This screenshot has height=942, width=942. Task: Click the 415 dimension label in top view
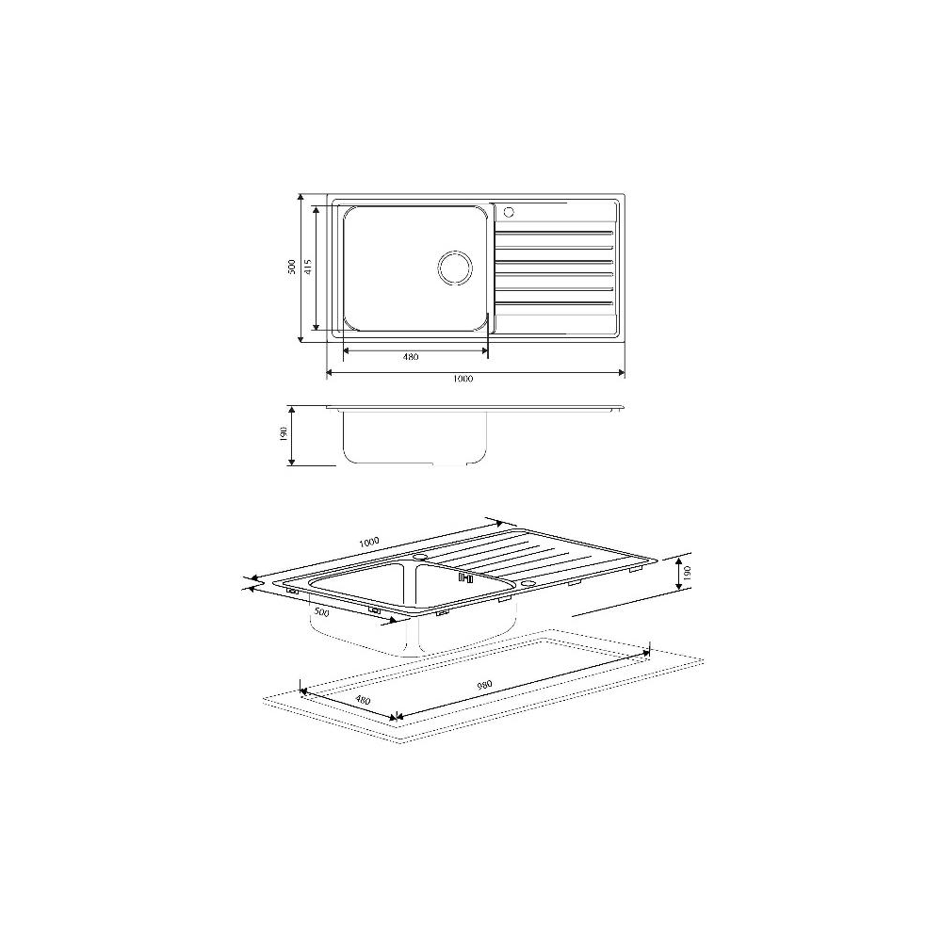pos(308,267)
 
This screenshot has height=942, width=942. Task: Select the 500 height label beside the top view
pos(292,267)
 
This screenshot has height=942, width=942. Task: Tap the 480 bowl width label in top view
pos(411,357)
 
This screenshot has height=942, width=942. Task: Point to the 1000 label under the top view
pos(463,379)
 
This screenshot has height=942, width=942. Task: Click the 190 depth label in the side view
pos(284,433)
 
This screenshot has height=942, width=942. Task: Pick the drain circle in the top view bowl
pos(454,268)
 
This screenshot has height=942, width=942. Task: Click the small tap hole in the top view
pos(509,211)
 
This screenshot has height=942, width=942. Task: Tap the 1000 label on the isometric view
pos(369,542)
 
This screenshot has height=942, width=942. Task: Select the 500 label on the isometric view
pos(322,612)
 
